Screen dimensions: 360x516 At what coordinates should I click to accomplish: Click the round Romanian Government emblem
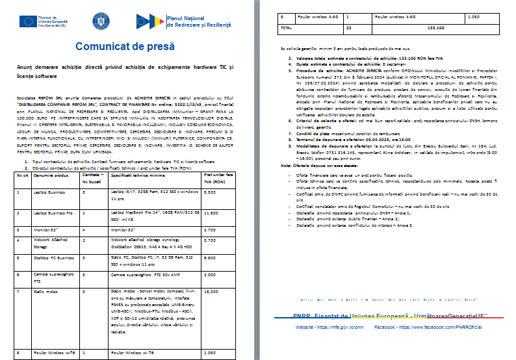pyautogui.click(x=101, y=21)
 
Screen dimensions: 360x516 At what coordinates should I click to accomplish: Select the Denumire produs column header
pyautogui.click(x=51, y=177)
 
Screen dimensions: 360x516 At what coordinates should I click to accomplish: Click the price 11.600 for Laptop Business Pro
pyautogui.click(x=210, y=212)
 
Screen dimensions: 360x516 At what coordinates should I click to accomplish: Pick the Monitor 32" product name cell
pyautogui.click(x=43, y=230)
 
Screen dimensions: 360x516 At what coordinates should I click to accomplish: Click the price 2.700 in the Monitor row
pyautogui.click(x=210, y=230)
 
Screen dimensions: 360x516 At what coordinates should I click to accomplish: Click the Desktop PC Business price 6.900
pyautogui.click(x=210, y=258)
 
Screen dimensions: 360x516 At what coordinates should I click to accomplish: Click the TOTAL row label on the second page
pyautogui.click(x=285, y=29)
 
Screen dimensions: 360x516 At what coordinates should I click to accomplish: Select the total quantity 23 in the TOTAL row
pyautogui.click(x=349, y=29)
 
